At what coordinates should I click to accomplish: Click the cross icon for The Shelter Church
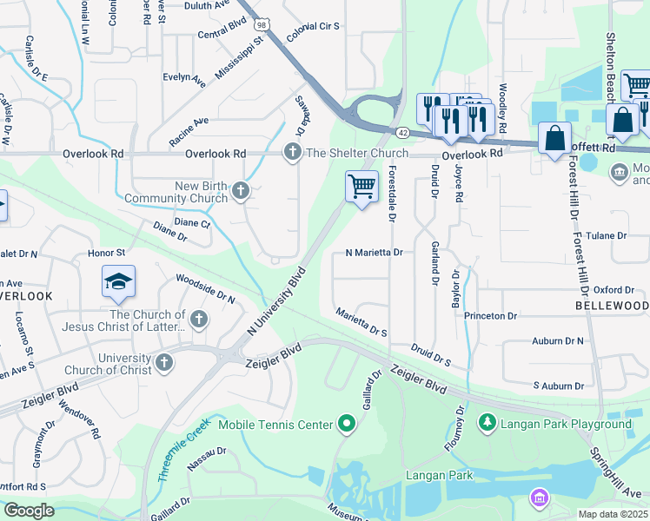click(x=292, y=153)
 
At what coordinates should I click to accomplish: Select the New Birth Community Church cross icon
click(x=241, y=191)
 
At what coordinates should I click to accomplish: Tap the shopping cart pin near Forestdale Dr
click(x=361, y=186)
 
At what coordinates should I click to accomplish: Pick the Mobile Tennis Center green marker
click(x=348, y=424)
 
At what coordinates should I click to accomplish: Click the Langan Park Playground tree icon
click(x=488, y=423)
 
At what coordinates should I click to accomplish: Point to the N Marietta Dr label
click(x=374, y=253)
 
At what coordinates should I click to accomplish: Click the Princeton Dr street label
click(x=490, y=315)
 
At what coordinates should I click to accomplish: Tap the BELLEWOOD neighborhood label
click(x=612, y=307)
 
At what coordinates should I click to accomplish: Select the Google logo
click(x=29, y=510)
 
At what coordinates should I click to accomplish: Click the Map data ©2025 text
click(x=613, y=514)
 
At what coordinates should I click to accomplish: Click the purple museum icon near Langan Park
click(x=540, y=498)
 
